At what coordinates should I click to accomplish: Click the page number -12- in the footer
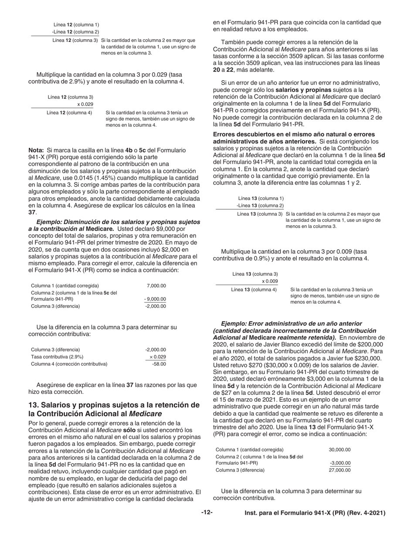point(207,513)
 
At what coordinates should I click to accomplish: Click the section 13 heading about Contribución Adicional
point(114,409)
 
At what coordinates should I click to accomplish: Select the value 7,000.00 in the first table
point(156,285)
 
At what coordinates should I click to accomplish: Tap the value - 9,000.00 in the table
point(155,299)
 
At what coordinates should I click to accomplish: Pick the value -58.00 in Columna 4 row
point(159,363)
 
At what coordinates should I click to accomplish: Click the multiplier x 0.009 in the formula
point(270,281)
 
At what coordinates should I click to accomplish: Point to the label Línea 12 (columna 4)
point(69,112)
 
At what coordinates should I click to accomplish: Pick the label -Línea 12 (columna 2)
point(75,32)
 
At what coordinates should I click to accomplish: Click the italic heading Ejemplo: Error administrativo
point(292,323)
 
